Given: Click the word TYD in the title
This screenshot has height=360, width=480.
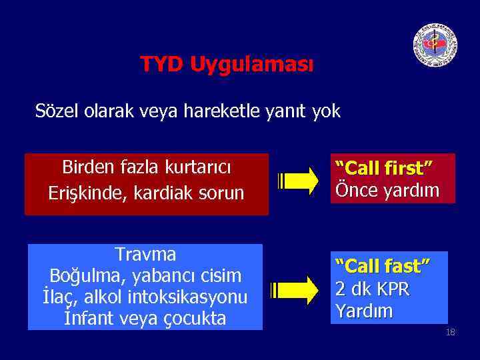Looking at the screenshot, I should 162,65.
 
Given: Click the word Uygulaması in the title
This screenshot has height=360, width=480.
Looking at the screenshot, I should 251,65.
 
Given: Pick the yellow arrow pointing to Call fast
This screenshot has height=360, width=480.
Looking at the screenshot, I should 294,289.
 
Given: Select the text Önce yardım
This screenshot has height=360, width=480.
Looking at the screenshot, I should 387,190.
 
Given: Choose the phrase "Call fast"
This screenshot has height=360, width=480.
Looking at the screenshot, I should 382,267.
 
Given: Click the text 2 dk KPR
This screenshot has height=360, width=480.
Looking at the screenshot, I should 372,289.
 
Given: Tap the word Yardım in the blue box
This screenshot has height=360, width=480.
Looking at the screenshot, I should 364,311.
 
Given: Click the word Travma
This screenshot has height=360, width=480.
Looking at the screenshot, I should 145,255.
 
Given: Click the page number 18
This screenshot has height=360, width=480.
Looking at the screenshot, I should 450,333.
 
